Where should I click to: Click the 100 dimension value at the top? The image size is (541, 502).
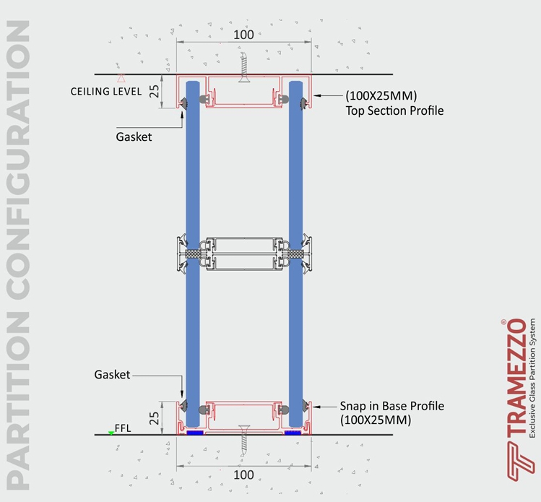pyautogui.click(x=243, y=35)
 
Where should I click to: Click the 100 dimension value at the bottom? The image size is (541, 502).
pyautogui.click(x=243, y=475)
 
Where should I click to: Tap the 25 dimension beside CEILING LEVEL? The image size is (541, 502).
pyautogui.click(x=155, y=91)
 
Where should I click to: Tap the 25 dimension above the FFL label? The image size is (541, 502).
pyautogui.click(x=155, y=418)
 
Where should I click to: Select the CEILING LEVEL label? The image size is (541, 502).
pyautogui.click(x=106, y=92)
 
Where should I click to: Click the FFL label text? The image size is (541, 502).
pyautogui.click(x=123, y=428)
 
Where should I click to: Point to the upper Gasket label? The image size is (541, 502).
pyautogui.click(x=134, y=137)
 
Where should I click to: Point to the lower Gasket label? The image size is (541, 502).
pyautogui.click(x=112, y=375)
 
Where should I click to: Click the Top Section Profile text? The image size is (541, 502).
pyautogui.click(x=394, y=111)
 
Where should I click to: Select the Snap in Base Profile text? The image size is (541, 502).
pyautogui.click(x=392, y=406)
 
